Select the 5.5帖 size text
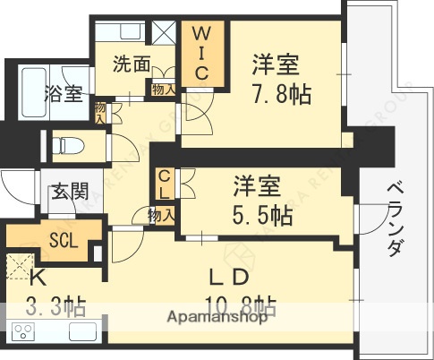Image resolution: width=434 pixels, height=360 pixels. [x=263, y=215]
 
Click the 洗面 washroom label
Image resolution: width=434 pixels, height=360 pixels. [x=131, y=64]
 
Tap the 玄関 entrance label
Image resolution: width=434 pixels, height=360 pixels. [x=67, y=190]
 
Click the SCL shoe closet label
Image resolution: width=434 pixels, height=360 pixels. [x=63, y=240]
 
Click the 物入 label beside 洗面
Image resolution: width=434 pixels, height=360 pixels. [x=162, y=90]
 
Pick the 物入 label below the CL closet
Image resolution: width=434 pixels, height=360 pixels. [x=160, y=215]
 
